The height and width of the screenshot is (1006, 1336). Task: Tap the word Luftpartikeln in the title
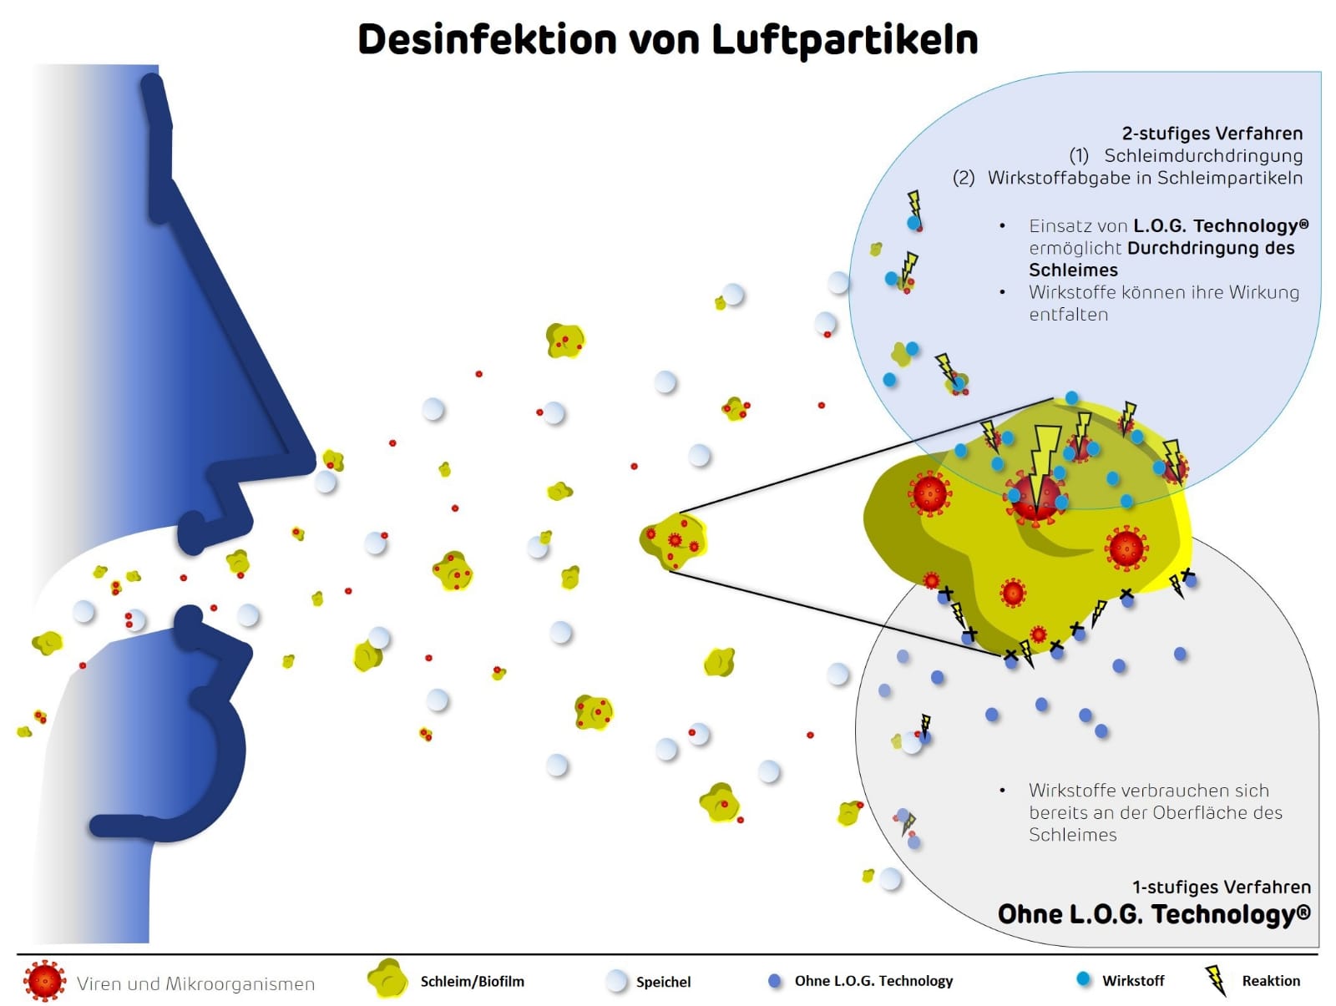pyautogui.click(x=844, y=39)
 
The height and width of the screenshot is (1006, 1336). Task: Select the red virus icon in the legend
pyautogui.click(x=44, y=981)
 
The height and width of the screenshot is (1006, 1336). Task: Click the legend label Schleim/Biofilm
pyautogui.click(x=472, y=982)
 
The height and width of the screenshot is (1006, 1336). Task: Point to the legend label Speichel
pyautogui.click(x=663, y=982)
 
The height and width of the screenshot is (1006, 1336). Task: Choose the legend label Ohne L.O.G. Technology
pyautogui.click(x=873, y=981)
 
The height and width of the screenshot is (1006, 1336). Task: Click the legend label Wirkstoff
pyautogui.click(x=1132, y=981)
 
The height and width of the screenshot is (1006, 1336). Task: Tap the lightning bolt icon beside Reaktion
pyautogui.click(x=1216, y=980)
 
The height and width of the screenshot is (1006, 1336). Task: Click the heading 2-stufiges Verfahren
pyautogui.click(x=1212, y=134)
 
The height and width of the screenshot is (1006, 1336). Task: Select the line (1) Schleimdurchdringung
pyautogui.click(x=1186, y=156)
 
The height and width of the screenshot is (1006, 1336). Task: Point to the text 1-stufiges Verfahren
pyautogui.click(x=1221, y=887)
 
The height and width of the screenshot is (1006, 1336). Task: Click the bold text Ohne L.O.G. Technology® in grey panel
pyautogui.click(x=1153, y=914)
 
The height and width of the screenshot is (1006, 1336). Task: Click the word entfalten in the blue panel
pyautogui.click(x=1068, y=315)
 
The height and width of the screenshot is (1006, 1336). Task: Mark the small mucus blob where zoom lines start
pyautogui.click(x=673, y=541)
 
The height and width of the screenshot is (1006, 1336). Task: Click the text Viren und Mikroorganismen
pyautogui.click(x=195, y=983)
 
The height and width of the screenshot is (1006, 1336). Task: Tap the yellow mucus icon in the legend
pyautogui.click(x=387, y=979)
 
